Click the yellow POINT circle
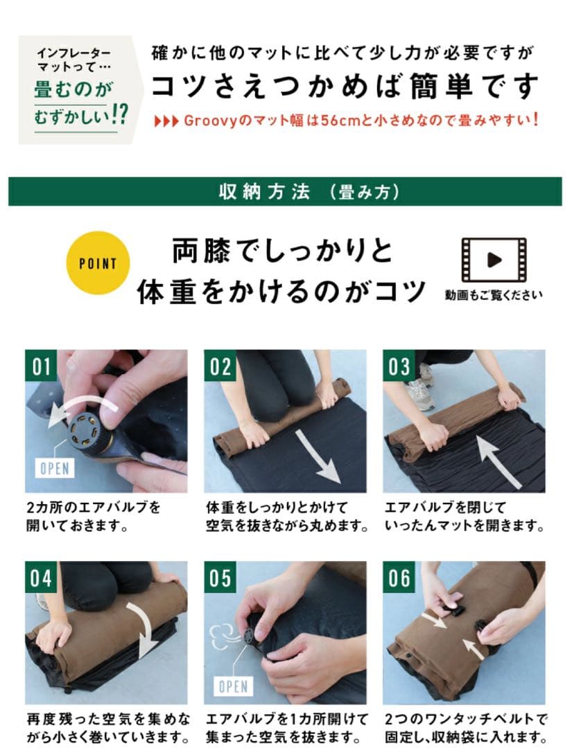tap(98, 262)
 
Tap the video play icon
tap(494, 260)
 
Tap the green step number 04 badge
tap(42, 577)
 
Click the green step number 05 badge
tap(220, 577)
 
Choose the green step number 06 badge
tap(399, 577)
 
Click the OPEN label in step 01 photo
tap(54, 468)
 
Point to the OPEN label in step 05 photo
tap(232, 686)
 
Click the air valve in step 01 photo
tap(89, 431)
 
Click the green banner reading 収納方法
tap(285, 192)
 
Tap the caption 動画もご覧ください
tap(494, 295)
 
